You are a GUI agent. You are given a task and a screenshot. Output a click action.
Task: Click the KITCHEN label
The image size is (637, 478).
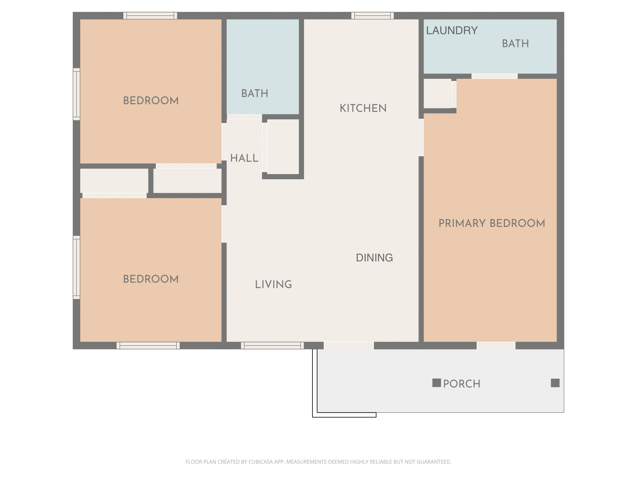(363, 108)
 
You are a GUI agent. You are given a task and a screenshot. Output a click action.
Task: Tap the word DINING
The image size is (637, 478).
(374, 257)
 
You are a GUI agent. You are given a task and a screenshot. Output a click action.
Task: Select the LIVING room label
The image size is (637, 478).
(273, 285)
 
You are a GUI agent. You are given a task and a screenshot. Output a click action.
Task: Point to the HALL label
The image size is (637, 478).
(244, 158)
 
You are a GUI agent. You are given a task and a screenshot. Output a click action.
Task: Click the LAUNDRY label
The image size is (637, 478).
(452, 31)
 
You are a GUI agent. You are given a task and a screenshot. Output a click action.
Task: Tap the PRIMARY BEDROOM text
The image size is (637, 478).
(492, 223)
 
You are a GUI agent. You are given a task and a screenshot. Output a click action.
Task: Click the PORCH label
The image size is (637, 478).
(461, 384)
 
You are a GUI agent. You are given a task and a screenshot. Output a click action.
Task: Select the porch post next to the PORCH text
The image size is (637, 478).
(436, 383)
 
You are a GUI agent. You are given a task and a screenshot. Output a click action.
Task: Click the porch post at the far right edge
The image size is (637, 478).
(555, 383)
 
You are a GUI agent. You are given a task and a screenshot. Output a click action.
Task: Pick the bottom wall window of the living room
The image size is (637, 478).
(272, 345)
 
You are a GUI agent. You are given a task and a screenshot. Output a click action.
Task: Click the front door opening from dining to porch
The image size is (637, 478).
(348, 345)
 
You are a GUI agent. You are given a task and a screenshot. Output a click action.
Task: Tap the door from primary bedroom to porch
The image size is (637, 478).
(496, 345)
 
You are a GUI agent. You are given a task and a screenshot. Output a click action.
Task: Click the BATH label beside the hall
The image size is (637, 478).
(255, 93)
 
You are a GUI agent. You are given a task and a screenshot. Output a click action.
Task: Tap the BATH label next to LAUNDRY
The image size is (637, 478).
(515, 44)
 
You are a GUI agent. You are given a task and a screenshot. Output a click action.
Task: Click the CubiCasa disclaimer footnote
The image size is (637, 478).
(318, 462)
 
